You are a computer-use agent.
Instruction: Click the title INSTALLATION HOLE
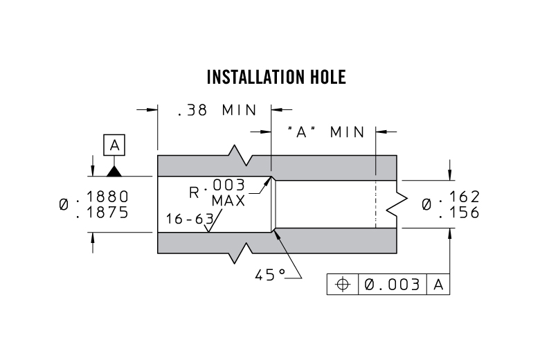(x=276, y=77)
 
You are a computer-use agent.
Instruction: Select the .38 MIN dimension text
(x=217, y=111)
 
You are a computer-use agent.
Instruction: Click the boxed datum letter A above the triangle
(x=115, y=145)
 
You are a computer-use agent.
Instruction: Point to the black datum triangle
(x=115, y=170)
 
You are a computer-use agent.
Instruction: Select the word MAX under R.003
(x=228, y=201)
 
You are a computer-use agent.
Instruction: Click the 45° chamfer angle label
(x=271, y=275)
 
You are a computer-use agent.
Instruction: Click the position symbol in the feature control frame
(x=341, y=284)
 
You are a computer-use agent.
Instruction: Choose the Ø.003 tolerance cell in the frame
(x=392, y=284)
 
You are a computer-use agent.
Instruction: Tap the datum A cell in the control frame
(x=438, y=284)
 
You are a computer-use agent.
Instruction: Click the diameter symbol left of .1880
(x=64, y=205)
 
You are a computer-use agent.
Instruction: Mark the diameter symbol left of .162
(x=427, y=205)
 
